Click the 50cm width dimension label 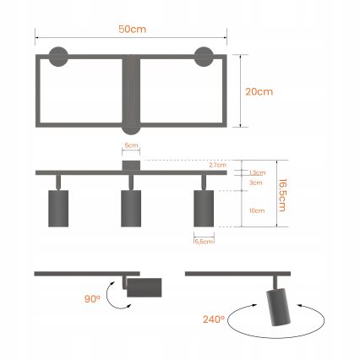[x=133, y=29]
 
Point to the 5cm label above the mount [x=130, y=145]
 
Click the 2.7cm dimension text [x=219, y=165]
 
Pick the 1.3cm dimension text [x=256, y=173]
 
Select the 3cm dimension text [x=255, y=183]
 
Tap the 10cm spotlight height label [x=256, y=210]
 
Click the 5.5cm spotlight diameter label [x=204, y=242]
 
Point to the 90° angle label [x=91, y=300]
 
